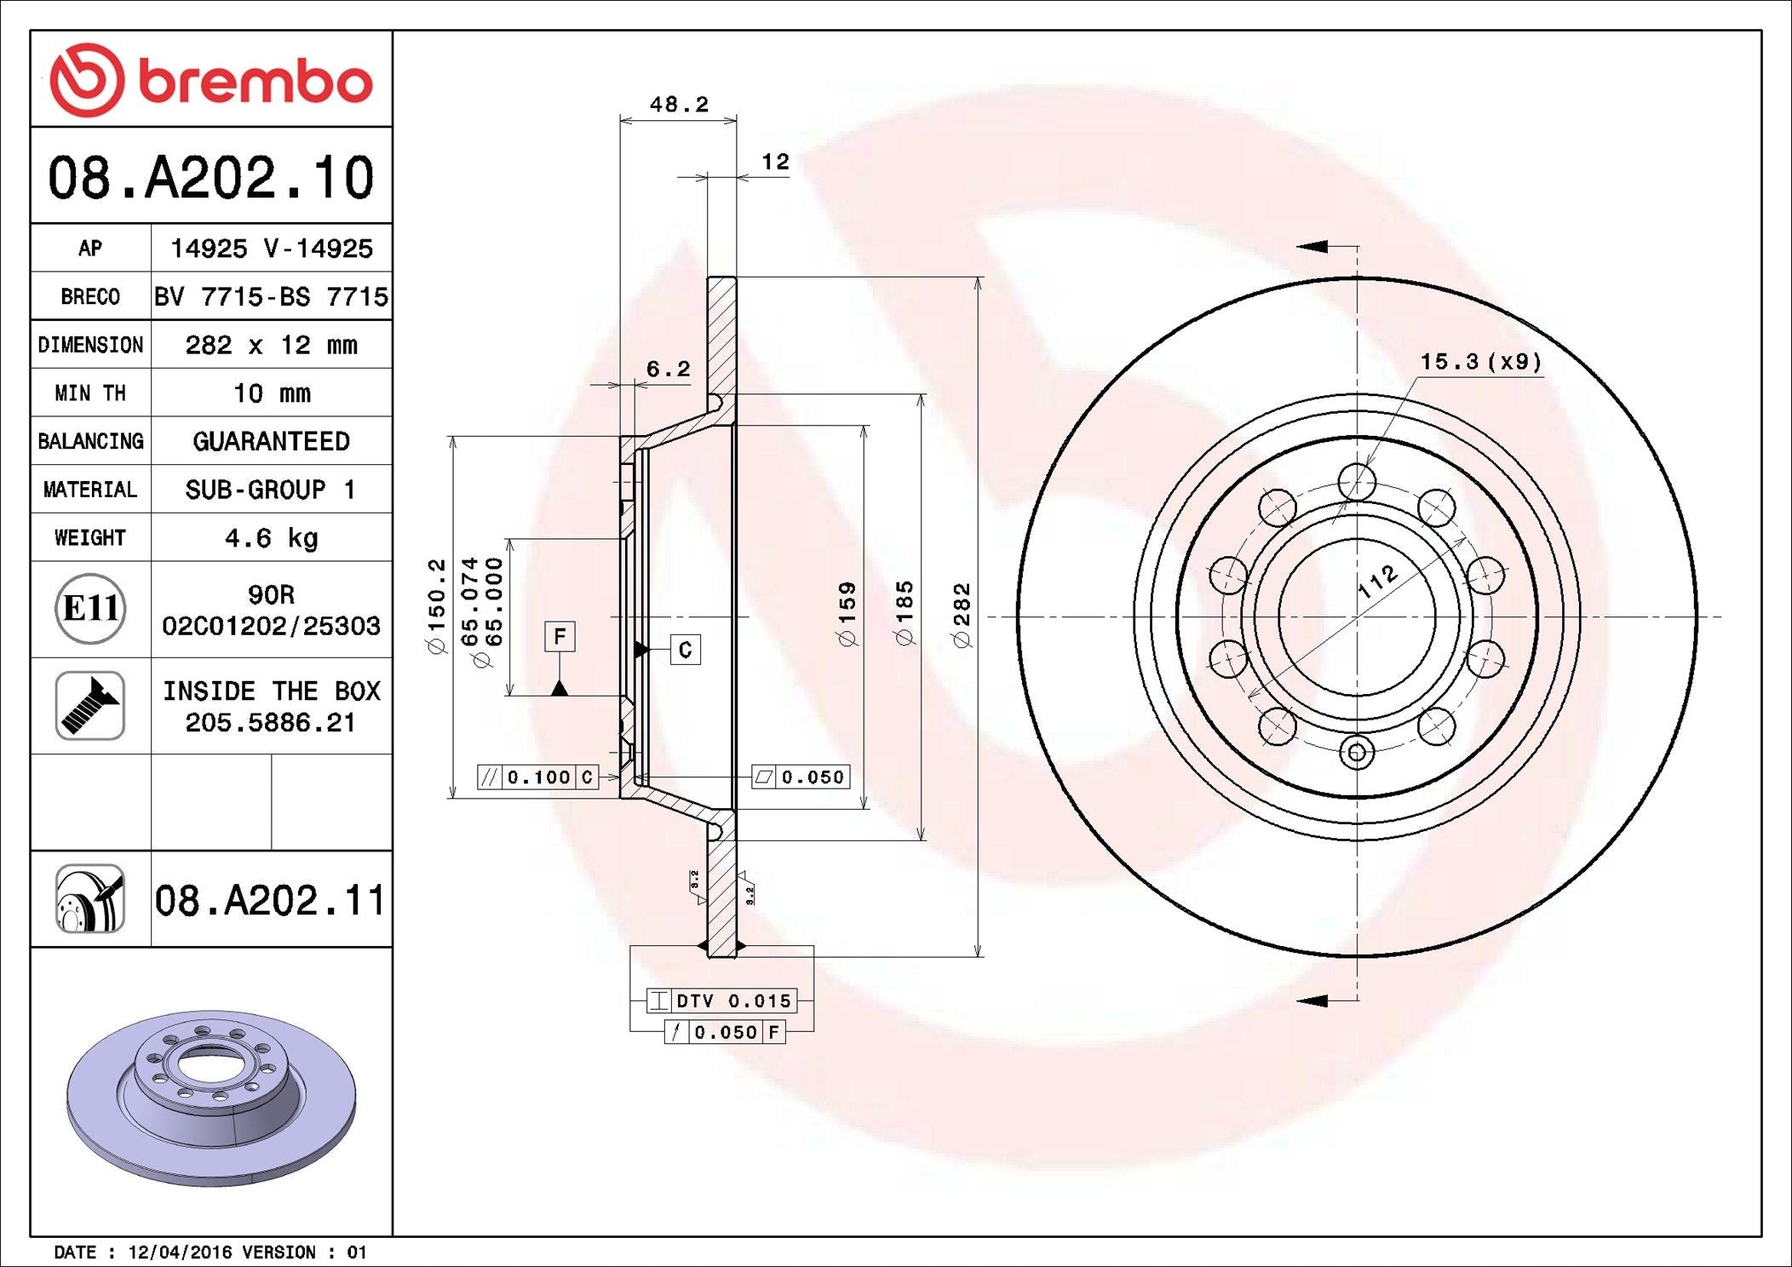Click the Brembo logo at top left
pyautogui.click(x=211, y=79)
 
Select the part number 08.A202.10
pyautogui.click(x=211, y=177)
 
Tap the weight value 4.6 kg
pyautogui.click(x=272, y=538)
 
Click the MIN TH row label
pyautogui.click(x=90, y=393)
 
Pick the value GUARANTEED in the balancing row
pyautogui.click(x=272, y=441)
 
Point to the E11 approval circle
pyautogui.click(x=90, y=608)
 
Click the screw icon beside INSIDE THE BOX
pyautogui.click(x=90, y=705)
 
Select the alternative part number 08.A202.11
pyautogui.click(x=271, y=900)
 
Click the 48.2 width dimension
pyautogui.click(x=679, y=104)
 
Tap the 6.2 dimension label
pyautogui.click(x=669, y=369)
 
